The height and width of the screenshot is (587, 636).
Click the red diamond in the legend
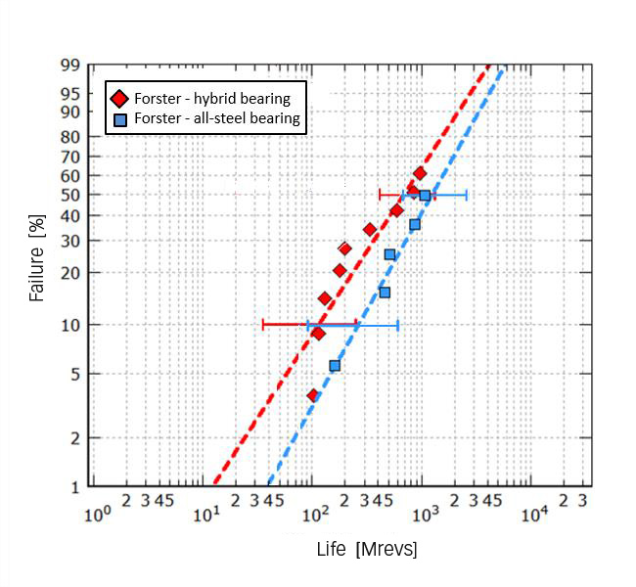click(120, 99)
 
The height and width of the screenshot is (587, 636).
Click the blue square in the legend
click(120, 119)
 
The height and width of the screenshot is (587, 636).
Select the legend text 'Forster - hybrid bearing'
click(212, 99)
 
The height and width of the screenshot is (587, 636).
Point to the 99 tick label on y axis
click(69, 66)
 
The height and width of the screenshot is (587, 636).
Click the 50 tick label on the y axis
click(69, 196)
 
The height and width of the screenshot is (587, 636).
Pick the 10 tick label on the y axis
click(69, 325)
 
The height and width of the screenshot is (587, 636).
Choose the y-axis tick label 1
click(74, 486)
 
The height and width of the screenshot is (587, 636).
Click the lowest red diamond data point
click(313, 395)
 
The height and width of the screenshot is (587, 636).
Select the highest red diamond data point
click(420, 173)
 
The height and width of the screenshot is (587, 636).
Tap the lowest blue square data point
click(335, 366)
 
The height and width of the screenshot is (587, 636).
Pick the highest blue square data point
click(425, 196)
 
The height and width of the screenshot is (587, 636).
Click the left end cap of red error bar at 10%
click(263, 324)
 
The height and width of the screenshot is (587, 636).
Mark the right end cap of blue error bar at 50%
click(467, 196)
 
